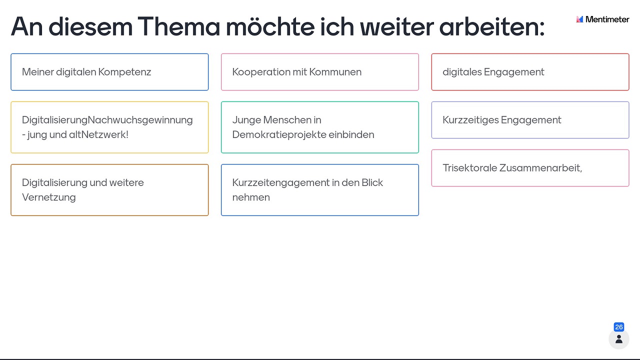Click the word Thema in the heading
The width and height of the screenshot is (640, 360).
click(x=178, y=26)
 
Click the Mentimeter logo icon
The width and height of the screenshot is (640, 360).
click(x=579, y=19)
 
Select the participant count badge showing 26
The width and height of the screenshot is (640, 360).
click(x=619, y=327)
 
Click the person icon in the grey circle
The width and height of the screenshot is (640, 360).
click(x=619, y=339)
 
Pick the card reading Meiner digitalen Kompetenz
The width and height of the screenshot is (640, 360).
click(x=109, y=72)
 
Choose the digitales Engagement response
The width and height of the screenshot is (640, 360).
click(x=530, y=72)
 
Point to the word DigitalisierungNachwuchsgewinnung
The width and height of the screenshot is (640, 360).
click(x=107, y=120)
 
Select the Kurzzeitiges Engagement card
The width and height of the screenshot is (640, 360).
click(x=530, y=120)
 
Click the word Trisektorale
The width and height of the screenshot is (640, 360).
click(x=469, y=168)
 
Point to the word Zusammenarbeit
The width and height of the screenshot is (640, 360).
click(x=539, y=168)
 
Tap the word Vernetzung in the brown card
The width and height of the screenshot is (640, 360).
click(x=49, y=197)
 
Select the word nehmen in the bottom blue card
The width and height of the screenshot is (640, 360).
click(x=251, y=197)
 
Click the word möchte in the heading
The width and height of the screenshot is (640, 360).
click(x=270, y=26)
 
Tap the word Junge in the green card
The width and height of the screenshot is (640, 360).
click(x=246, y=120)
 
